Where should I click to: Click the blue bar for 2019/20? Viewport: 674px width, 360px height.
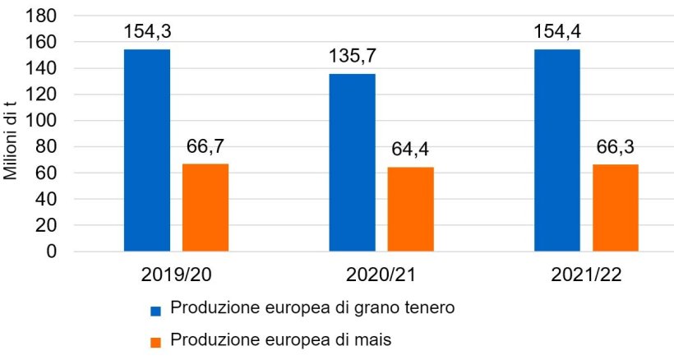click(147, 150)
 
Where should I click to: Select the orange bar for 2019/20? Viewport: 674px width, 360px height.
click(205, 207)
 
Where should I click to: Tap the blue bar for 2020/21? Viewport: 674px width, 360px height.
click(352, 162)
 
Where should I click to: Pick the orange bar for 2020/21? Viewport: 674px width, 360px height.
click(410, 209)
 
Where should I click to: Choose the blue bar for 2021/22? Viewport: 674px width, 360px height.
click(556, 150)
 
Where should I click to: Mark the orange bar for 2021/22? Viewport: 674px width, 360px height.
click(615, 207)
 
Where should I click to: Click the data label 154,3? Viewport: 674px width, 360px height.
click(147, 32)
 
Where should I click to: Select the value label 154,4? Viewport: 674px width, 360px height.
click(556, 32)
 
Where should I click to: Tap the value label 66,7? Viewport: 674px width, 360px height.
click(205, 147)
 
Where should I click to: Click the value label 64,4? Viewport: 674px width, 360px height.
click(410, 150)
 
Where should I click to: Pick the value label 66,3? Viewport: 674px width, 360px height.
click(615, 147)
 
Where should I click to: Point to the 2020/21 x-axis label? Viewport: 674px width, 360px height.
click(381, 273)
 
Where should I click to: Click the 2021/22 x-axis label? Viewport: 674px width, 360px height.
click(586, 273)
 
